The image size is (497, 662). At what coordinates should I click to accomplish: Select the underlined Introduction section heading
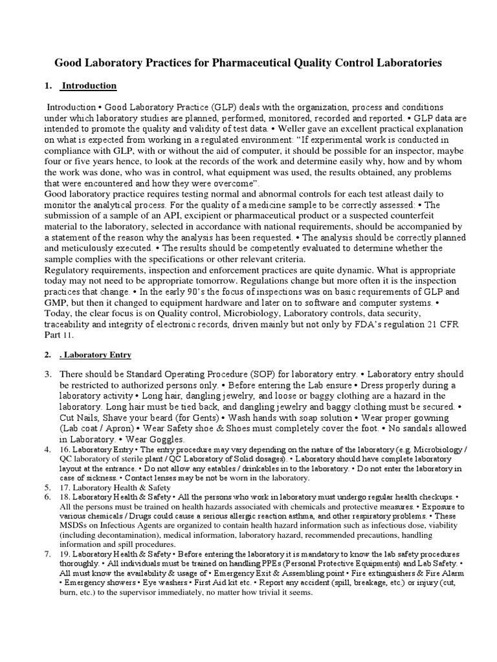(x=89, y=85)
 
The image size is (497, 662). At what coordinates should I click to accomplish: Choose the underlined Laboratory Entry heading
(x=96, y=354)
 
